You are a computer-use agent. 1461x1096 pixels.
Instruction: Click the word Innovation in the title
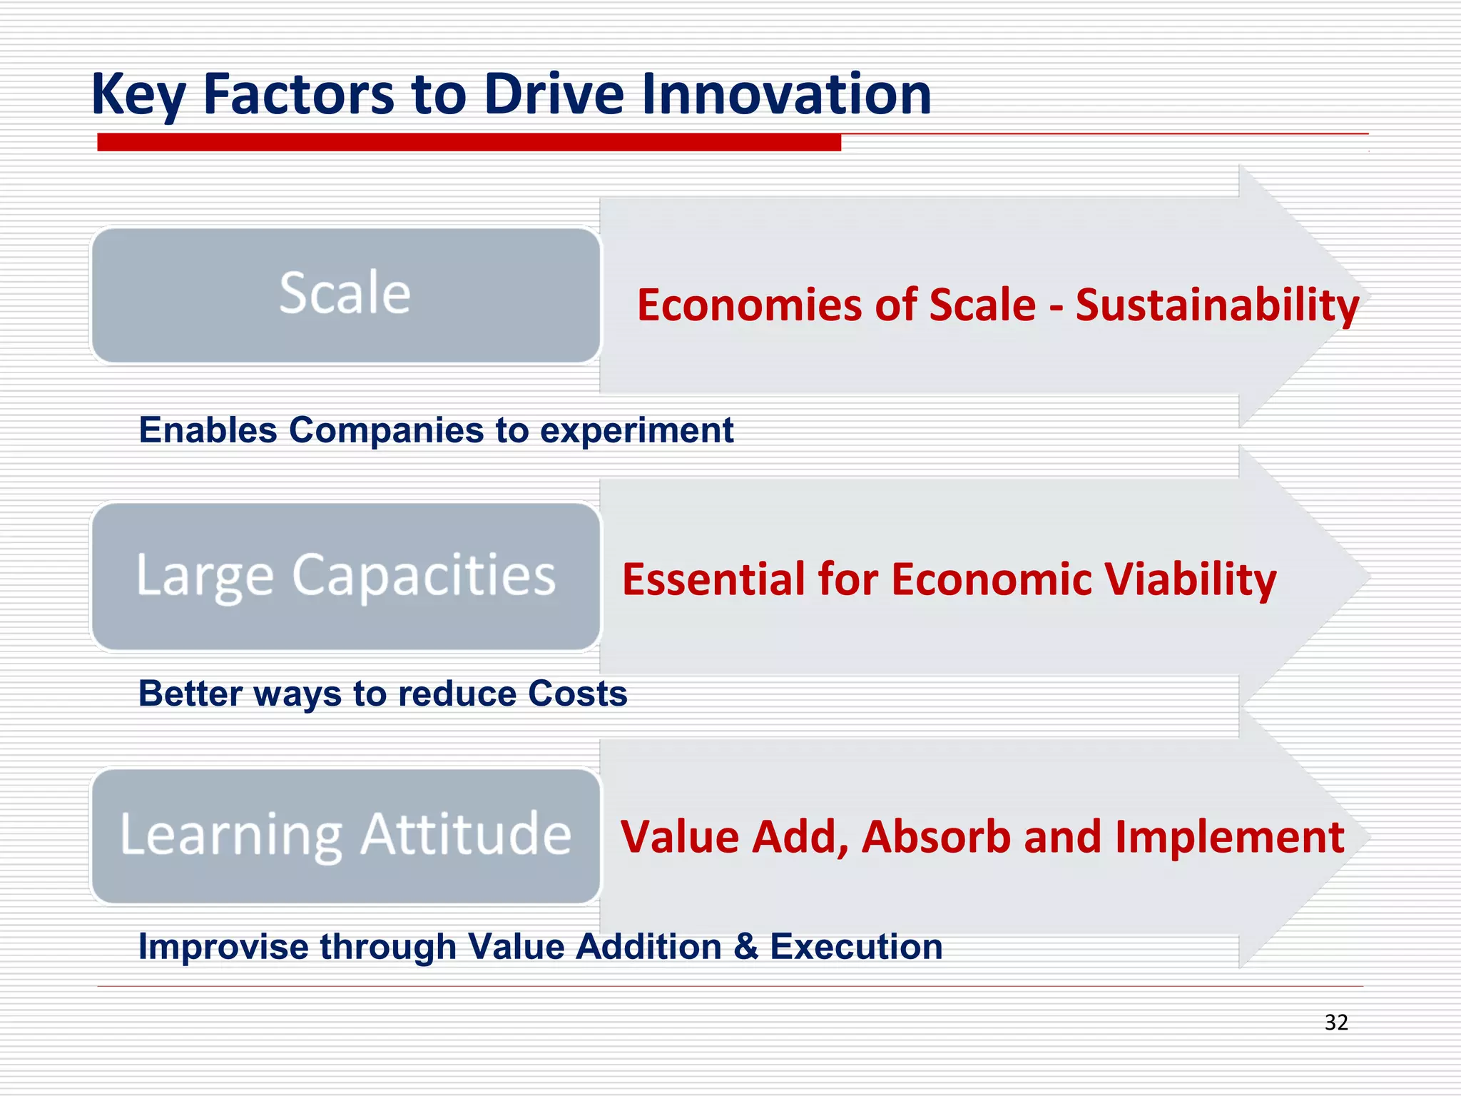click(x=786, y=94)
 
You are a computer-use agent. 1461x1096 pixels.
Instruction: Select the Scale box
click(x=345, y=295)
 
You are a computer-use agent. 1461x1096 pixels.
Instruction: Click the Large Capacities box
click(x=345, y=576)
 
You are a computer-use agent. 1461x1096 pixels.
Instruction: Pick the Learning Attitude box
click(x=345, y=836)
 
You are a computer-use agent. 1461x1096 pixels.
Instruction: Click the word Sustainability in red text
click(x=1217, y=305)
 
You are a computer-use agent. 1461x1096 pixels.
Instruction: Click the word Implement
click(x=1229, y=836)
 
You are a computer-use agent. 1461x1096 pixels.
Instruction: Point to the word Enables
click(x=208, y=430)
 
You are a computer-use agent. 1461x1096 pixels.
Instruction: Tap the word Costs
click(x=578, y=694)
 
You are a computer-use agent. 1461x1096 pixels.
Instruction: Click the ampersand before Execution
click(x=745, y=948)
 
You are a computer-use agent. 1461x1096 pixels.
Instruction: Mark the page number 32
click(x=1335, y=1023)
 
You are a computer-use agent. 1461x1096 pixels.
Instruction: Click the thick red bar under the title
click(x=469, y=142)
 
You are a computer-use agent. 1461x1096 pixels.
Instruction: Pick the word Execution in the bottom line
click(x=856, y=948)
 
